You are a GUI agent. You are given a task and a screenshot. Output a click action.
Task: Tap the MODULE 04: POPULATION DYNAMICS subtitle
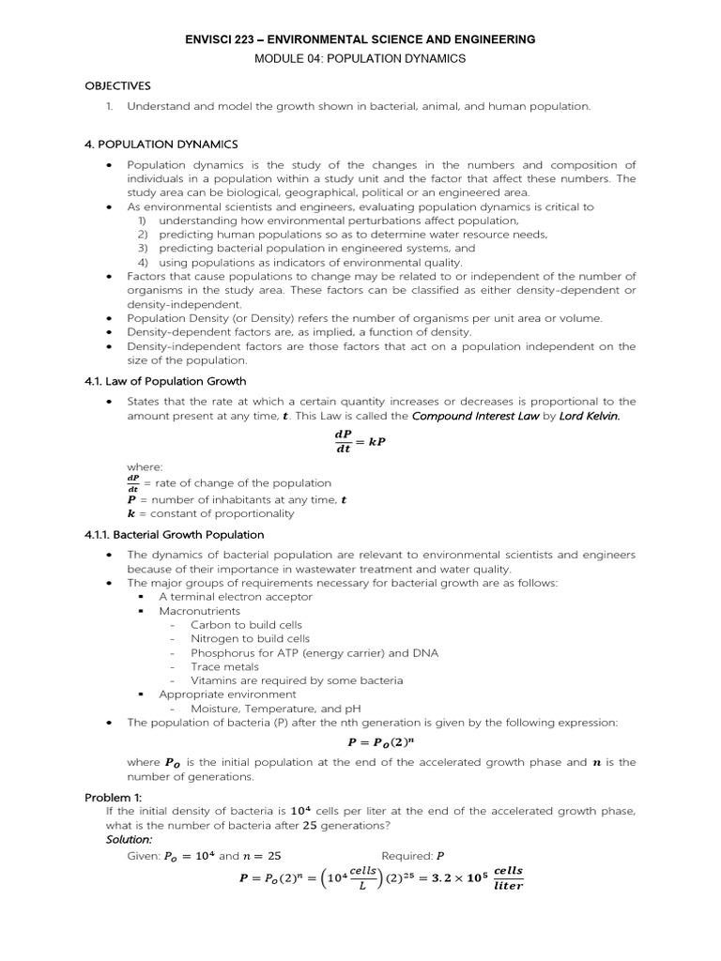[x=360, y=58]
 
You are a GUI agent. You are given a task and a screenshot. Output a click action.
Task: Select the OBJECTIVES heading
[x=117, y=85]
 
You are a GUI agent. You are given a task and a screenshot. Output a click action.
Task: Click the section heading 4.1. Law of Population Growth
[x=165, y=381]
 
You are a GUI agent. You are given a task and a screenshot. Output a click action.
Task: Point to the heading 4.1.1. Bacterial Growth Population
[x=175, y=534]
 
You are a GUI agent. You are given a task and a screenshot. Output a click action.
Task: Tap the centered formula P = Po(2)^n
[x=360, y=742]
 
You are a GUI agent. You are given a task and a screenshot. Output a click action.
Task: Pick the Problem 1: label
[x=113, y=797]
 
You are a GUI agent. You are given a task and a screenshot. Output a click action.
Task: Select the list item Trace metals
[x=222, y=666]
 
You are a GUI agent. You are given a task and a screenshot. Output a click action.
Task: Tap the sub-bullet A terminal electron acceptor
[x=236, y=596]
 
